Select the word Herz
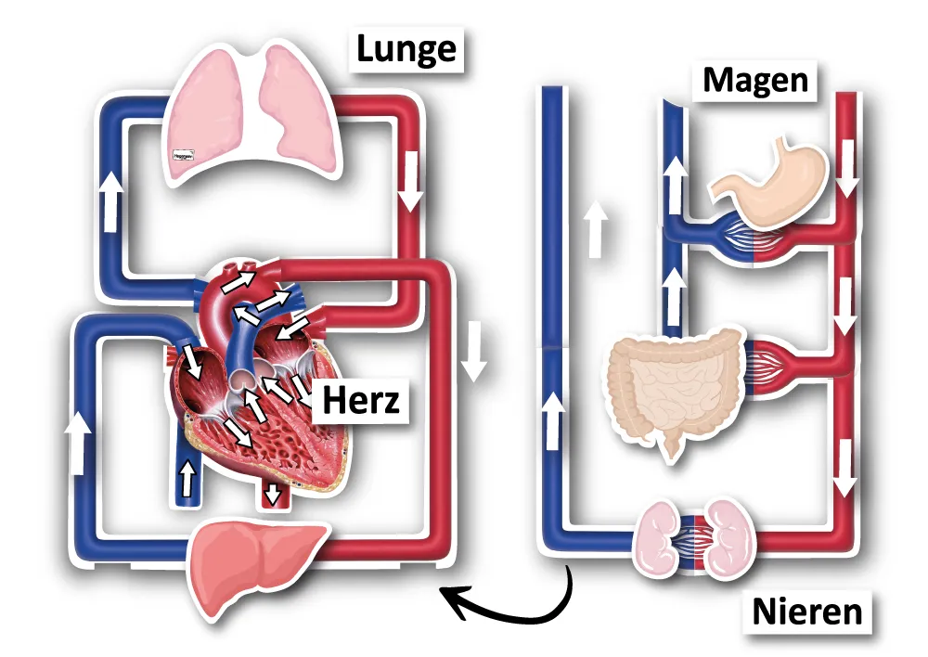pyautogui.click(x=361, y=401)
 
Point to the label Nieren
pyautogui.click(x=806, y=612)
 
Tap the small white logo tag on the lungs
pyautogui.click(x=182, y=158)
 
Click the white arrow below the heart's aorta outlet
pyautogui.click(x=272, y=494)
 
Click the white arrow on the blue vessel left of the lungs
pyautogui.click(x=111, y=200)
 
